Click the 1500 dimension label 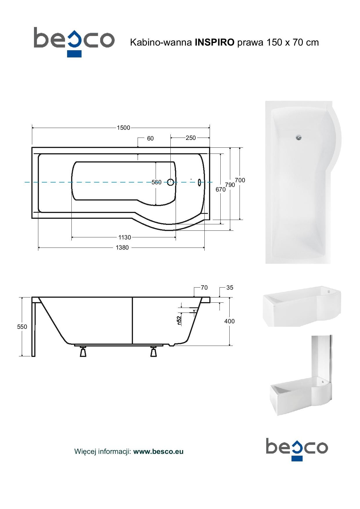[123, 128]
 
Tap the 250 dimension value [191, 138]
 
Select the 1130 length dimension [125, 237]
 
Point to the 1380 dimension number [122, 248]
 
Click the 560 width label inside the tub [156, 182]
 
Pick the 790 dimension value [230, 185]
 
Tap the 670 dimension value [220, 189]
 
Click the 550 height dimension [22, 327]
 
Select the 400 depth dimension [229, 321]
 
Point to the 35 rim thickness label [230, 288]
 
